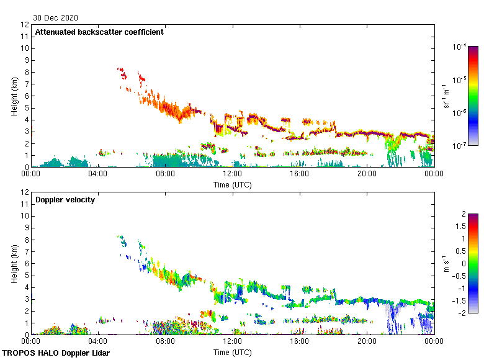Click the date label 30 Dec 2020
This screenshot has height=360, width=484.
point(56,17)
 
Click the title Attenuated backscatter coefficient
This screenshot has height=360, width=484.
point(99,32)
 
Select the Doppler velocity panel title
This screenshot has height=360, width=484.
point(65,200)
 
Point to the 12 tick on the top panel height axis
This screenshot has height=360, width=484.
point(25,25)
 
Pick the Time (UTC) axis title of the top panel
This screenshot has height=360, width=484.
point(233,184)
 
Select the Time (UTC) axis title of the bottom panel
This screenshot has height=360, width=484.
point(233,352)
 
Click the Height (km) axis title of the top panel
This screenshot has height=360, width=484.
point(14,96)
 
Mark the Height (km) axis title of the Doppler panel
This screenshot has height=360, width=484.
point(14,264)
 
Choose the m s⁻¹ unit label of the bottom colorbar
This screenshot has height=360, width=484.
point(447,264)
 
